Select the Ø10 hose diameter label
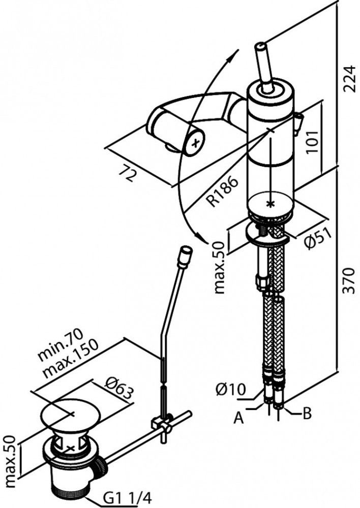coord(230,390)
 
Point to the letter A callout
coord(236,418)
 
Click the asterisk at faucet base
coord(271,204)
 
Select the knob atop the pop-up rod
coord(185,252)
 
